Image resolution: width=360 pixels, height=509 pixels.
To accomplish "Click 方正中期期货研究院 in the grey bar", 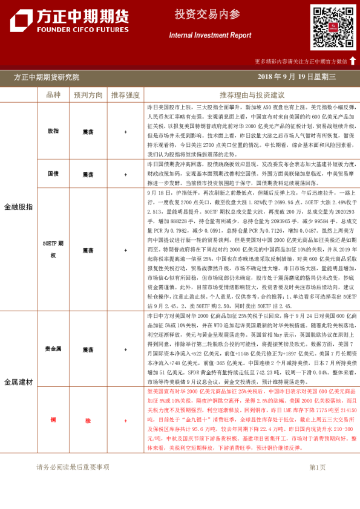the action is point(47,77).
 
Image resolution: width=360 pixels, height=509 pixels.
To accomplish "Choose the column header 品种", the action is point(53,95).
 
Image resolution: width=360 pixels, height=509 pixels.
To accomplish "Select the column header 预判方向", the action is point(88,95).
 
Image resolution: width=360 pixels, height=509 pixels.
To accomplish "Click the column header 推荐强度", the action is point(125,95).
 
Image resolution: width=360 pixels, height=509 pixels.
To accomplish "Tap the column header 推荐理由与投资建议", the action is point(252,95).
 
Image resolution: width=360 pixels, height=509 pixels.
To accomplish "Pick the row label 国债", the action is point(53,174).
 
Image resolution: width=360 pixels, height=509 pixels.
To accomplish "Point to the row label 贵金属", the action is point(53,349).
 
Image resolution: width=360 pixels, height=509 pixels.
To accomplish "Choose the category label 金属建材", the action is point(19,381).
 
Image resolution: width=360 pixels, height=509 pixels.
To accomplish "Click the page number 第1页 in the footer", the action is point(317,467).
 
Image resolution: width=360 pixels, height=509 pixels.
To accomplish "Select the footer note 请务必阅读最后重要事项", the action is point(73,467).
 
